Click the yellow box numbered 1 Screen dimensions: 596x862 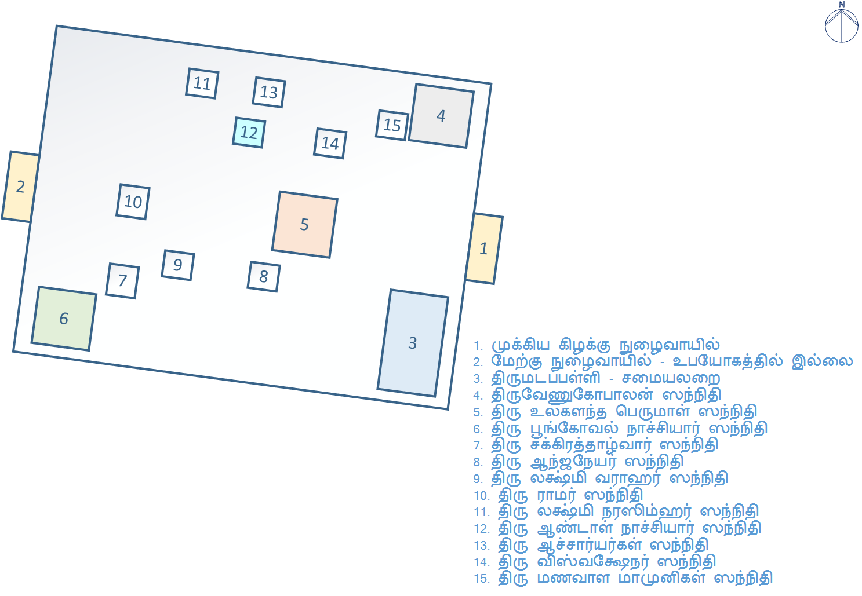[x=484, y=249]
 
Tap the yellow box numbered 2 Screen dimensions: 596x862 [x=21, y=187]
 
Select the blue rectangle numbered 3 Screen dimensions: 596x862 [x=413, y=343]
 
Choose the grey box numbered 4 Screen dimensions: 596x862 [x=441, y=116]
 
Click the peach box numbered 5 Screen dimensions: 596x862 [x=305, y=225]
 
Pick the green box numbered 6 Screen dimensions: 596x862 [x=64, y=319]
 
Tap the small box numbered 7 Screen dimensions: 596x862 [x=122, y=281]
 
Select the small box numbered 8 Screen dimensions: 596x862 [x=264, y=276]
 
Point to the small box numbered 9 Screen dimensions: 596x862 [x=177, y=265]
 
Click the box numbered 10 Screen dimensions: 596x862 [x=133, y=202]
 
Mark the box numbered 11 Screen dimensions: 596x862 [x=202, y=83]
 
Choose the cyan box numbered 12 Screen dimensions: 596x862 [x=249, y=133]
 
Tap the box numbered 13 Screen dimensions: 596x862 [x=269, y=92]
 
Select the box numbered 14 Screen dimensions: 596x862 [x=330, y=143]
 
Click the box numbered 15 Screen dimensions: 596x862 [x=392, y=125]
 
